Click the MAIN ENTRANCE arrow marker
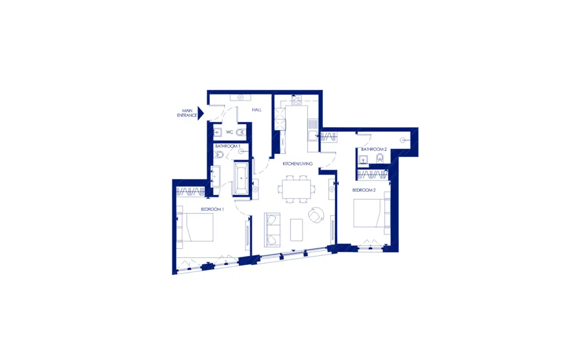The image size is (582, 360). point(201,114)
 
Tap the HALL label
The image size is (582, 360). point(257,110)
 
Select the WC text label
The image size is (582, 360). point(229,132)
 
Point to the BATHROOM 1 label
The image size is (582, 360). point(227,146)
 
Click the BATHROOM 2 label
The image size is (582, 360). point(374,149)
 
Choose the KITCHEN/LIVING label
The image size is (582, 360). point(297,164)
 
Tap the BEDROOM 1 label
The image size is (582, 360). point(212,209)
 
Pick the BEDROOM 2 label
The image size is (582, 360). point(364,190)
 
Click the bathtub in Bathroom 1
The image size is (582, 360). point(241,179)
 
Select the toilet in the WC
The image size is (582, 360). point(241,132)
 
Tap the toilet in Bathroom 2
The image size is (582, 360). point(380,158)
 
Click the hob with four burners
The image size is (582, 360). point(296,100)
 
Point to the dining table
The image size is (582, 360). point(296,189)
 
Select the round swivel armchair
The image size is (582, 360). point(316,215)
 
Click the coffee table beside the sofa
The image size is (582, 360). point(296,230)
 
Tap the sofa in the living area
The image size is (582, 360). point(272,230)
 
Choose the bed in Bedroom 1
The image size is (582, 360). point(198,228)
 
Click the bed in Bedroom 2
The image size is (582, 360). point(369,213)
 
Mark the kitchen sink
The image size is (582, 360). point(313,135)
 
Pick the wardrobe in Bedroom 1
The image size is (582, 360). point(191,192)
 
